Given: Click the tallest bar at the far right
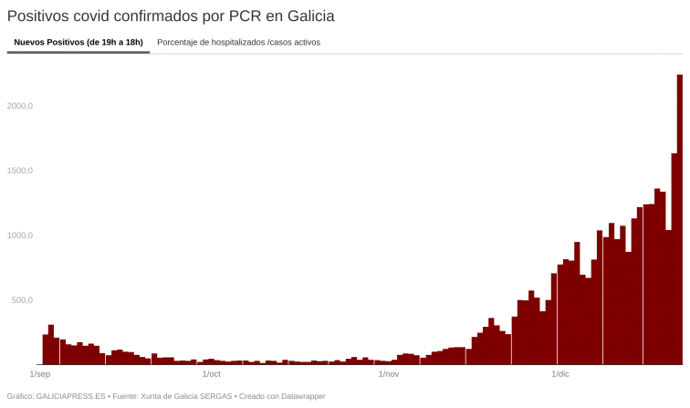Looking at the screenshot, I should coord(680,219).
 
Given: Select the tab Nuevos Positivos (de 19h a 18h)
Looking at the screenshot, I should coord(78,42).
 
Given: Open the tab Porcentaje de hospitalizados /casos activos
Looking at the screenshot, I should coord(238,42).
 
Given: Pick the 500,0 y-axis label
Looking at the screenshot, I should coord(20,300).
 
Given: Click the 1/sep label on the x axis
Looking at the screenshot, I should coord(39,374).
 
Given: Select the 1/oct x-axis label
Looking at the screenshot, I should coord(211,374).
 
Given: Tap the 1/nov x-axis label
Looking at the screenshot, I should coord(388,374).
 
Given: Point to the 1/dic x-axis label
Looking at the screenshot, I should coord(559,374).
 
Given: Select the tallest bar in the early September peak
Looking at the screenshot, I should coord(51,345).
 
